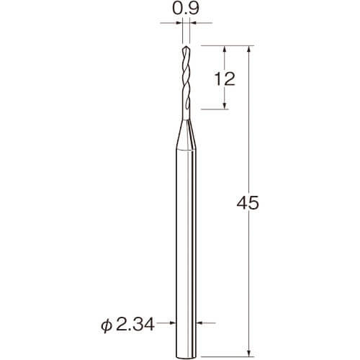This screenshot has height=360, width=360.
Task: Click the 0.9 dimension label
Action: pyautogui.click(x=186, y=9)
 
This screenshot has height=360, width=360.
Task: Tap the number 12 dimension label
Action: pyautogui.click(x=225, y=78)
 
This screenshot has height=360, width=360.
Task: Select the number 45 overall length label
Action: pyautogui.click(x=248, y=203)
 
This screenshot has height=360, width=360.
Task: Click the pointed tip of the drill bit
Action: pyautogui.click(x=186, y=46)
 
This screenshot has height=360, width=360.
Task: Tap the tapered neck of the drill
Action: pyautogui.click(x=186, y=135)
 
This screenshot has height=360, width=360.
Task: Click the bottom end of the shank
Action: pyautogui.click(x=186, y=357)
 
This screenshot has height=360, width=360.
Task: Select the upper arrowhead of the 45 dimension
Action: pyautogui.click(x=249, y=49)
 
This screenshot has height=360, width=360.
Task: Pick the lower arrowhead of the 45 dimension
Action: pyautogui.click(x=249, y=354)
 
